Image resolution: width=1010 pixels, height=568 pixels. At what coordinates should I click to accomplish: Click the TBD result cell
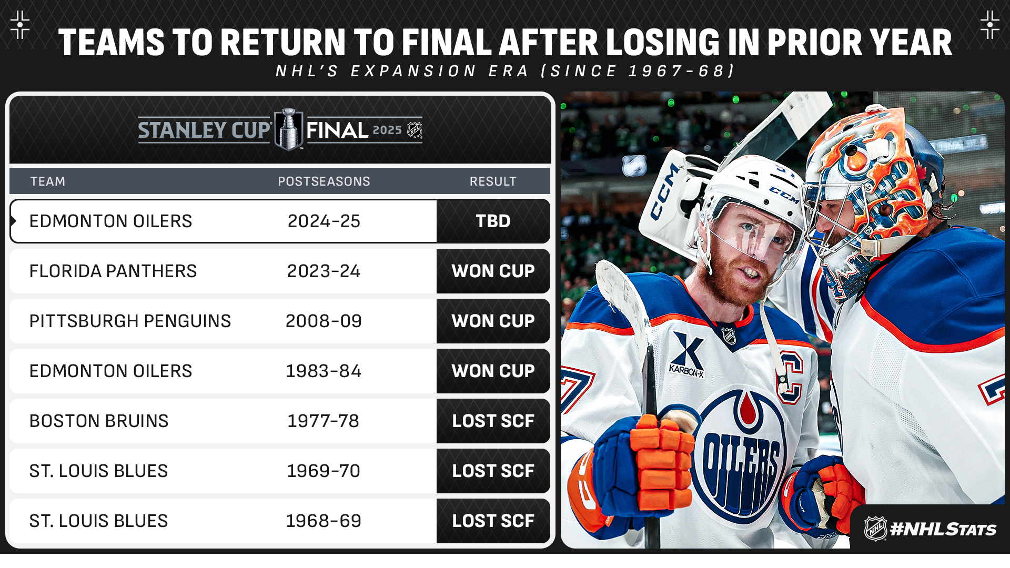coord(493,221)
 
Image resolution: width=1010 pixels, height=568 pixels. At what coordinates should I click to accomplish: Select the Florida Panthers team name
coord(113,271)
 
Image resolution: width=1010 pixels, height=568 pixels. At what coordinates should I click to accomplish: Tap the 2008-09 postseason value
coord(324,321)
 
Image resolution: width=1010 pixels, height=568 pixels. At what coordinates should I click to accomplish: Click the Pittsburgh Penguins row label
coord(130,321)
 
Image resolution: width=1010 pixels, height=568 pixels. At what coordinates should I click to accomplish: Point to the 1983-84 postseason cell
coord(324,371)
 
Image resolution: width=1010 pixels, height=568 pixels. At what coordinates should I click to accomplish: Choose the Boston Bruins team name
coord(99,421)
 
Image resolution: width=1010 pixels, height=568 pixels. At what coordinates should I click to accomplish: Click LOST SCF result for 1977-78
coord(493,421)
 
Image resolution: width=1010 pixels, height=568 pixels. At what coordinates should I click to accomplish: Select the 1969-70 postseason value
coord(324,471)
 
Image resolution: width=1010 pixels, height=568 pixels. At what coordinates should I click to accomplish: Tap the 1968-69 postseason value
coord(324,521)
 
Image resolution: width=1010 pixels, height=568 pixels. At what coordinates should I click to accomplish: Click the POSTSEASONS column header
coord(324,181)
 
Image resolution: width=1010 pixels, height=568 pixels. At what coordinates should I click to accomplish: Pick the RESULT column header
coord(493,181)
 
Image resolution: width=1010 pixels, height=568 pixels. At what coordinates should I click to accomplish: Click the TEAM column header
coord(48,181)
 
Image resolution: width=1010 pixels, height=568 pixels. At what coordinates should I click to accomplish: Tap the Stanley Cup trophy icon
coord(289,129)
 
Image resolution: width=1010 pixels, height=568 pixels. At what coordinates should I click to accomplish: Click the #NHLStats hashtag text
coord(943,529)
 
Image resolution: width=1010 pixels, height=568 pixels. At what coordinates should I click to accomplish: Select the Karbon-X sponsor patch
coord(687,355)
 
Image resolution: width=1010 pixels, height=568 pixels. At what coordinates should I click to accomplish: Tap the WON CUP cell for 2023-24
coord(493,271)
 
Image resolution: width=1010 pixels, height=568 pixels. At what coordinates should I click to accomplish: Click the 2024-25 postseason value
coord(324,221)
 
